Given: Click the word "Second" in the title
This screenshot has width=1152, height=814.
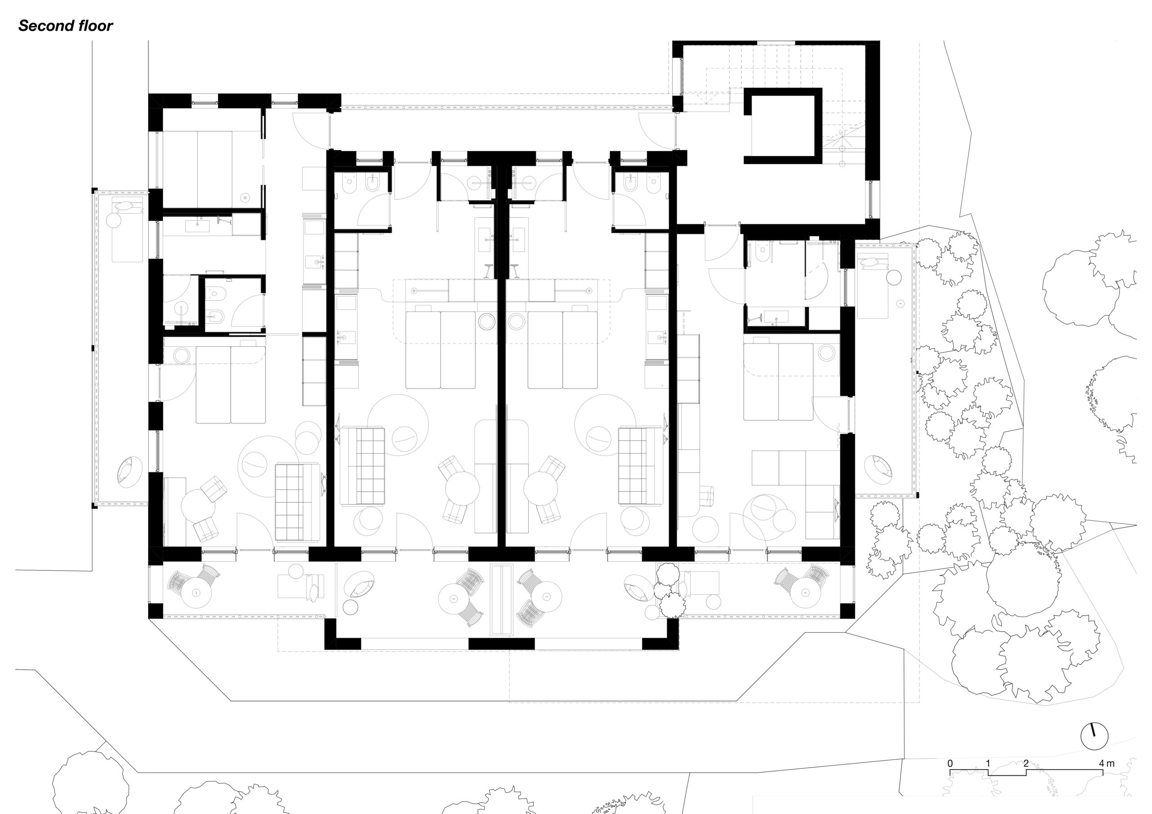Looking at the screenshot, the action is [x=45, y=26].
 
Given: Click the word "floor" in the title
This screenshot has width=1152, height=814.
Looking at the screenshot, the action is [x=95, y=26].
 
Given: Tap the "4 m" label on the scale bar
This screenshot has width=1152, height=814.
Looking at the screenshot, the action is [x=1107, y=764].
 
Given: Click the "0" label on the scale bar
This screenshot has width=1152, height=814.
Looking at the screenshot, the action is [x=950, y=764].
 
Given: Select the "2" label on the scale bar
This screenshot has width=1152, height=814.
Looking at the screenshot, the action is [x=1026, y=764].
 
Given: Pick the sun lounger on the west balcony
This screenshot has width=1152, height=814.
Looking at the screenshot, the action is [x=127, y=229].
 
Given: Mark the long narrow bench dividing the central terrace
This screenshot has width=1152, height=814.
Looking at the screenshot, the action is [x=502, y=599].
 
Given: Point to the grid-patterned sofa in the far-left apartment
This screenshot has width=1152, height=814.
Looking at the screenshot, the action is [x=297, y=502].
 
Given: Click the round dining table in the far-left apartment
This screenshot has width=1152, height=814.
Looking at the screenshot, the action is [x=198, y=507].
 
